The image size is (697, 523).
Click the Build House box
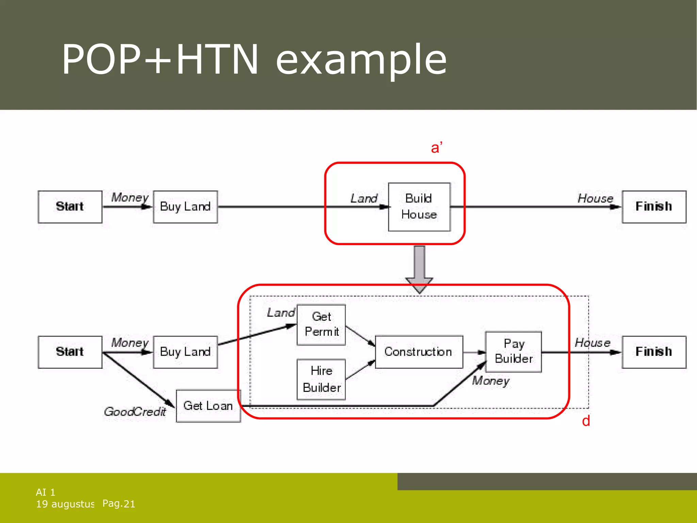click(x=419, y=207)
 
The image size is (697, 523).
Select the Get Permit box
click(x=321, y=324)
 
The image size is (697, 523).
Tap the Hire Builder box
click(x=321, y=379)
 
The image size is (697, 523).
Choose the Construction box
click(x=419, y=352)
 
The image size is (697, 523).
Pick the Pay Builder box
click(x=513, y=351)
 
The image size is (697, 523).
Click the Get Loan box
click(x=208, y=406)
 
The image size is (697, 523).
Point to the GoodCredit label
click(x=135, y=412)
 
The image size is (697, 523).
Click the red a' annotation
click(x=436, y=148)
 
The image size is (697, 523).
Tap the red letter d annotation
click(x=586, y=421)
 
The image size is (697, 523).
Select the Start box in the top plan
click(x=70, y=207)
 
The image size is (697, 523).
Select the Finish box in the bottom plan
click(x=654, y=352)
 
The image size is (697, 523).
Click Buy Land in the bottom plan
click(x=185, y=352)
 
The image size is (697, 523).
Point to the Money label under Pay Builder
click(x=490, y=381)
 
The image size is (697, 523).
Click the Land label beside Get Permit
click(x=280, y=313)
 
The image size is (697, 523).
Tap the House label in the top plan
click(x=595, y=198)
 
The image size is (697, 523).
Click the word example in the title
click(x=361, y=60)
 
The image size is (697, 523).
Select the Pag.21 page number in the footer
click(x=119, y=504)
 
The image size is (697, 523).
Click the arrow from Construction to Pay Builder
click(x=474, y=352)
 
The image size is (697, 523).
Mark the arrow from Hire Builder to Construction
click(x=360, y=370)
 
